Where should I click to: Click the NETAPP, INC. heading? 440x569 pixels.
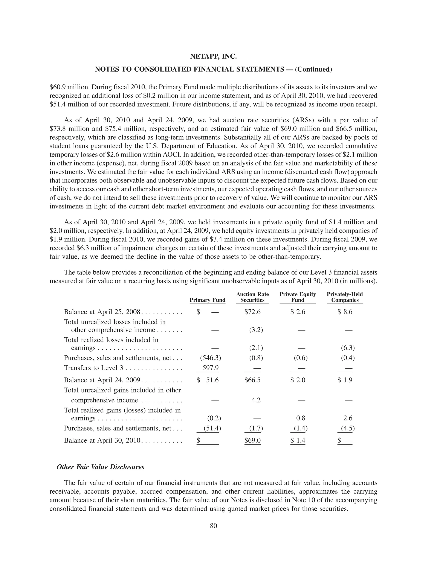[x=213, y=56]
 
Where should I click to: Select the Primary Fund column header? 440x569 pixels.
[x=208, y=300]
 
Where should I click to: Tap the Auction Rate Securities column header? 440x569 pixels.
[x=252, y=297]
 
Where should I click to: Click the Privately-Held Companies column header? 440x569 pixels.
[x=345, y=297]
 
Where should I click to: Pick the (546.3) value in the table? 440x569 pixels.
[x=210, y=358]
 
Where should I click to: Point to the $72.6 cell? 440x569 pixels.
[x=252, y=312]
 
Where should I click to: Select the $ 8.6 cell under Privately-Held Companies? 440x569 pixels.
[x=345, y=312]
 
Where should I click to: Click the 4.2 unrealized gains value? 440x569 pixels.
[x=256, y=400]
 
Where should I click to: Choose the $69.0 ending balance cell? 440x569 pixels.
[x=252, y=440]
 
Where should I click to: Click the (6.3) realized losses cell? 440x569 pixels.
[x=348, y=348]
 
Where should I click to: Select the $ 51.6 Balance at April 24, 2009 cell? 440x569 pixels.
[x=208, y=380]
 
